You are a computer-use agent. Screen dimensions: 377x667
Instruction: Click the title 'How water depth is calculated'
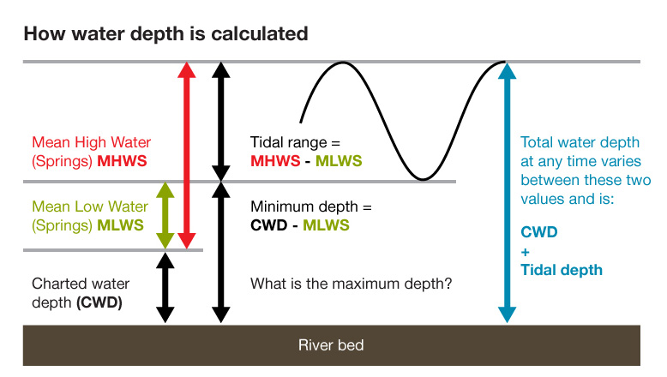165,35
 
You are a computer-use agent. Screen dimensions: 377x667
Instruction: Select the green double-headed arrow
165,215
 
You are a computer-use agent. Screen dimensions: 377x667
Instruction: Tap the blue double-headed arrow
507,193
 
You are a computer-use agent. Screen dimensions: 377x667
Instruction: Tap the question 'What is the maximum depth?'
352,284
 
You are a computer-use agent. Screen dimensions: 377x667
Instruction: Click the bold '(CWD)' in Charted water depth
99,302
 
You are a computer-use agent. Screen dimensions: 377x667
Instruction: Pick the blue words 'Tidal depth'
562,270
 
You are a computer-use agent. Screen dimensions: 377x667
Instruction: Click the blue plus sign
526,250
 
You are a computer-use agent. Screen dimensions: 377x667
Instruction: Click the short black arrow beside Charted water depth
165,287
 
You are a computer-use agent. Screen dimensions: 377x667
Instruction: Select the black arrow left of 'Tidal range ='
221,120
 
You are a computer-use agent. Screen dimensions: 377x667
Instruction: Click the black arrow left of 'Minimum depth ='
221,253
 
